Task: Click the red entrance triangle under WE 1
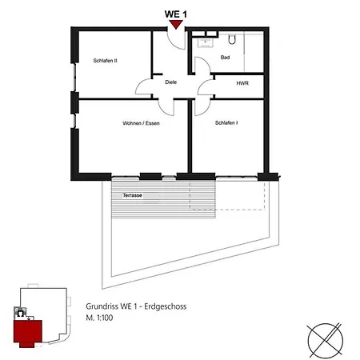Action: coord(176,25)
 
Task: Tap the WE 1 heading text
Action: coord(176,14)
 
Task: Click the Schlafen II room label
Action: coord(105,61)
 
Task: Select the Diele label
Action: coord(170,82)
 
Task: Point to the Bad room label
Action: coord(225,58)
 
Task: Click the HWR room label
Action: coord(242,83)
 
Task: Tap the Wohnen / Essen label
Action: coord(141,123)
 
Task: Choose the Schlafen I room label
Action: coord(226,122)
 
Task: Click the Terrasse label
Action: coord(133,195)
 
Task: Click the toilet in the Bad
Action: coord(232,39)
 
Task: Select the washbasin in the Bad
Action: coord(205,42)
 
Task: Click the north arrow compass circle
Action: coord(326,341)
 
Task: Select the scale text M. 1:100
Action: coord(99,318)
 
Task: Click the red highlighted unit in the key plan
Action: coord(28,333)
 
